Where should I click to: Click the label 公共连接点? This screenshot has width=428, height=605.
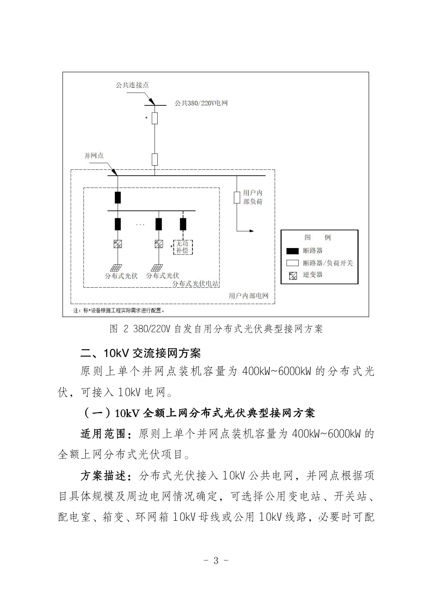coord(132,85)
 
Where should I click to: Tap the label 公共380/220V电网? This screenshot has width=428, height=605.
coord(201,103)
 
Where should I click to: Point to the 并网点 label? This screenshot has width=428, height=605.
coord(94,156)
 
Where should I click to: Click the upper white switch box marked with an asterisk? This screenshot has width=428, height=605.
coord(155,118)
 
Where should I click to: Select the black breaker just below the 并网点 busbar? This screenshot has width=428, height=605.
coord(118,198)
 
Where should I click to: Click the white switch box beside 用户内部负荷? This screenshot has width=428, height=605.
coord(237,198)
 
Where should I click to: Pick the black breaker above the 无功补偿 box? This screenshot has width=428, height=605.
coord(183,224)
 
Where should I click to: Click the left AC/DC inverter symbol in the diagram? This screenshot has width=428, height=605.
coord(118,244)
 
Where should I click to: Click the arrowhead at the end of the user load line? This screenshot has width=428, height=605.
coord(251,231)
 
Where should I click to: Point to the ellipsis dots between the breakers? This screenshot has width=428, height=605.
coord(141,224)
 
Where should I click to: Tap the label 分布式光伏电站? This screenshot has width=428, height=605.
coord(196,284)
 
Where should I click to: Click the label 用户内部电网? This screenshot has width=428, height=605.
coord(248,296)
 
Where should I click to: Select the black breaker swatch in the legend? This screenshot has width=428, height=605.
coord(293,251)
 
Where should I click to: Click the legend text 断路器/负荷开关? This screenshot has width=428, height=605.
coord(328,263)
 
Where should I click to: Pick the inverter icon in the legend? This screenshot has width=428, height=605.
coord(293,275)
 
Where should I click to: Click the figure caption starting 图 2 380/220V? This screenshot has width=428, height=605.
coord(216,329)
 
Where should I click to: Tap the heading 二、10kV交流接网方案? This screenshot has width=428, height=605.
coord(140,352)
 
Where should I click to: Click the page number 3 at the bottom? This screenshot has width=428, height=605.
coord(216,560)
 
